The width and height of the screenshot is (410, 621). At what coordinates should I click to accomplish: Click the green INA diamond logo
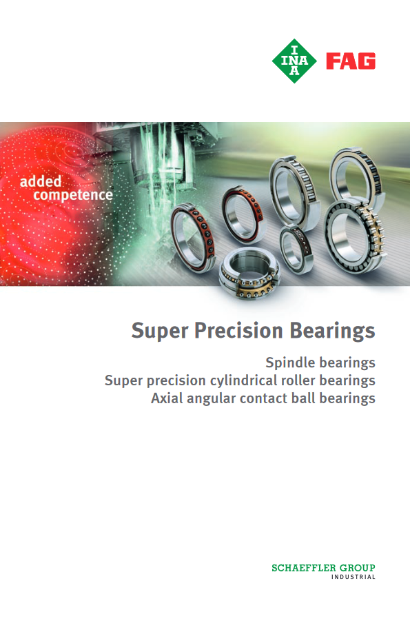tap(294, 61)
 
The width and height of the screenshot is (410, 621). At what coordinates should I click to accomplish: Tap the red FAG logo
tap(351, 61)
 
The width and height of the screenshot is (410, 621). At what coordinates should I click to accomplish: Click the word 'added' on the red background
tap(41, 181)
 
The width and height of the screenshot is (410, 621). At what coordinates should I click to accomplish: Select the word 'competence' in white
tap(73, 195)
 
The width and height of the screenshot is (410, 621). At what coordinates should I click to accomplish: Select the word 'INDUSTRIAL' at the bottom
tap(353, 577)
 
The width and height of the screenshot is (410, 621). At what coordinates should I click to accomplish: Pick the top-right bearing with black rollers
tap(356, 176)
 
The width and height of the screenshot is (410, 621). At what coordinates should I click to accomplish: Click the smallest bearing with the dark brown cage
tap(296, 249)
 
